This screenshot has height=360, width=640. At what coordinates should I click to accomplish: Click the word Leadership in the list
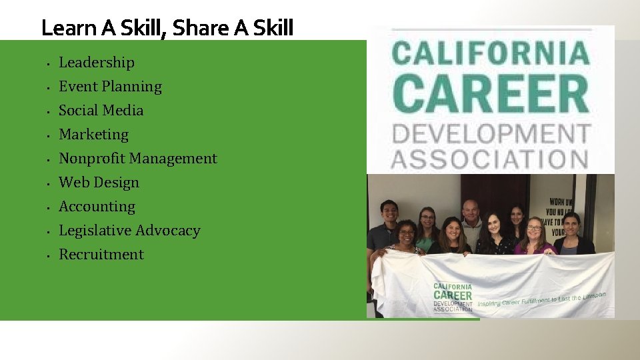tap(97, 63)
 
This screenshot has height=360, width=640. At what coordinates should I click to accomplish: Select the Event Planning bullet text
tap(110, 87)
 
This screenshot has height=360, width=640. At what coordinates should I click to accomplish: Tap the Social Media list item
tap(101, 111)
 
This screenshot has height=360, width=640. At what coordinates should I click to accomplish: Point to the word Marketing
tap(93, 135)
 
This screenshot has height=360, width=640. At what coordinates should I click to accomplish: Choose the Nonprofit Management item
tap(137, 159)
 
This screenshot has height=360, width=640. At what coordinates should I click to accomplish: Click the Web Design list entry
tap(99, 183)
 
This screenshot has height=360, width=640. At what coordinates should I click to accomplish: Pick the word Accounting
tap(97, 207)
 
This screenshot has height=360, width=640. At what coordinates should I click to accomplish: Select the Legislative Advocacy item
tap(129, 231)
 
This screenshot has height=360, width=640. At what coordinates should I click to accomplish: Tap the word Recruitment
tap(101, 255)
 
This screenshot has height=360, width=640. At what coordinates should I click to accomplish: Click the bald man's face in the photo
tap(471, 211)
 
